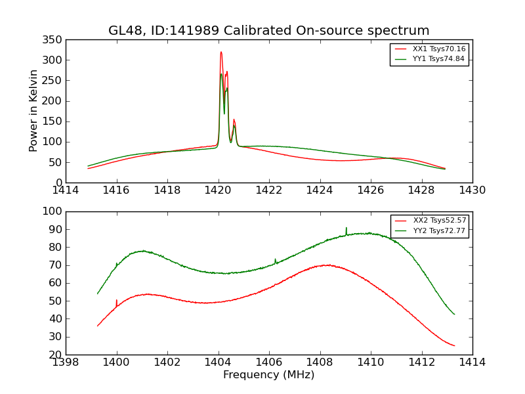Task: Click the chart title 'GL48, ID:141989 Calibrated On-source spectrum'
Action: point(269,31)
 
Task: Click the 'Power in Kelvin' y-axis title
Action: point(33,110)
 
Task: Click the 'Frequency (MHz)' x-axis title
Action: point(268,375)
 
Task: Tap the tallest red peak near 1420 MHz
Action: point(221,53)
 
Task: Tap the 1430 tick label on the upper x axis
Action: point(472,190)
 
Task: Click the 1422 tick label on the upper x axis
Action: point(269,190)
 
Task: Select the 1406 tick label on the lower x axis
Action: point(269,362)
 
